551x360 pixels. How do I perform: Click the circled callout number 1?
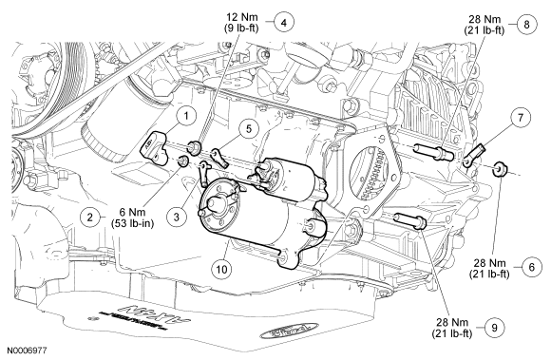(x=186, y=116)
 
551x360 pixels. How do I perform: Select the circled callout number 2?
(x=90, y=218)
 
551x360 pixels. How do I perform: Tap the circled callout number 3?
(x=177, y=218)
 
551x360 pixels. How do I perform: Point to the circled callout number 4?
(x=284, y=23)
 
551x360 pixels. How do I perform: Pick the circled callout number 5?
(x=249, y=129)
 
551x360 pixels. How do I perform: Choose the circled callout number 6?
(x=531, y=267)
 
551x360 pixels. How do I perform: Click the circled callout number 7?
(x=520, y=117)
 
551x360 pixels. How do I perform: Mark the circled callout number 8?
(x=526, y=25)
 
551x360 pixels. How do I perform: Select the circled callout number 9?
(x=495, y=328)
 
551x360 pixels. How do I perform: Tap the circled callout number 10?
(x=221, y=270)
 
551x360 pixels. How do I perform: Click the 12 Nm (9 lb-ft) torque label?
(x=241, y=23)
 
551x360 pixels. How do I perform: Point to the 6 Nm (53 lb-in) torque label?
(x=132, y=218)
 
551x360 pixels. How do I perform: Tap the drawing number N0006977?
(x=27, y=351)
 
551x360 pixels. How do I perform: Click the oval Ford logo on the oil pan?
(x=289, y=332)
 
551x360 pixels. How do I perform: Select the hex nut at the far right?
(x=500, y=169)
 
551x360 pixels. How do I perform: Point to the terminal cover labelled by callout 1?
(x=155, y=147)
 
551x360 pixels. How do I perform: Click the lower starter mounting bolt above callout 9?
(x=410, y=221)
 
